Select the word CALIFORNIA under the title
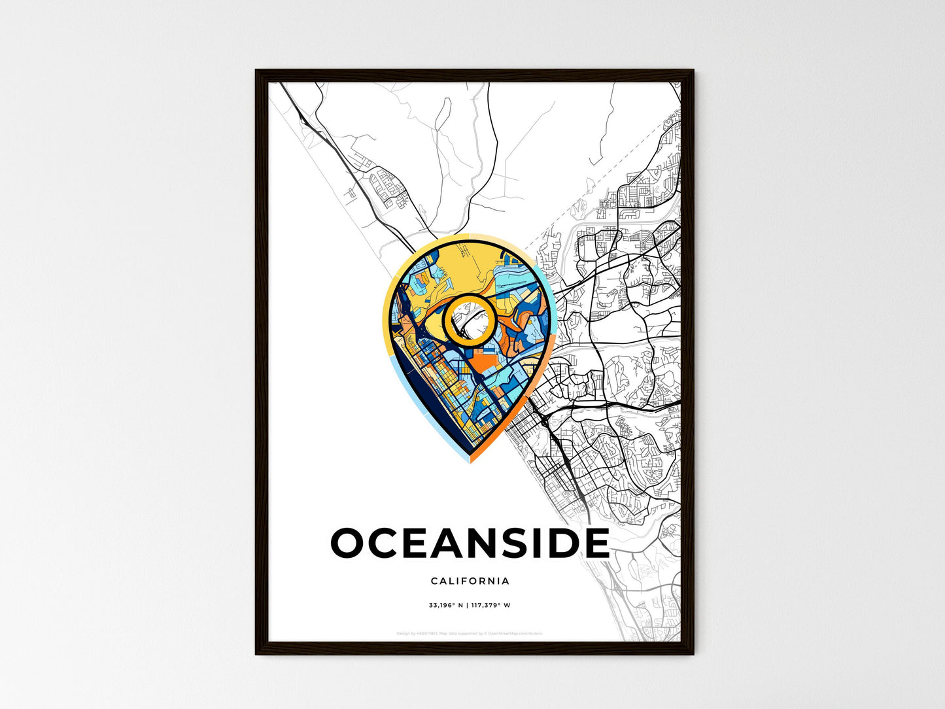470,581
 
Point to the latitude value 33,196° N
446,605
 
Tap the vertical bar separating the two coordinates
468,605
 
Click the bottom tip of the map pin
470,460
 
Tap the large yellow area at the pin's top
458,265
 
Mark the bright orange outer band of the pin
523,406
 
